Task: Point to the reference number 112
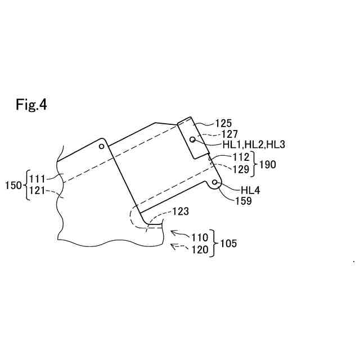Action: point(241,157)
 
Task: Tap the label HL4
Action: point(250,190)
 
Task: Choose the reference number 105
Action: point(228,244)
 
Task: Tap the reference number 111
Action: point(38,179)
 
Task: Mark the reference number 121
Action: point(38,191)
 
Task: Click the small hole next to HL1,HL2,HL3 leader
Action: point(193,138)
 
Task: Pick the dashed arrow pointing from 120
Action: point(179,247)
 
